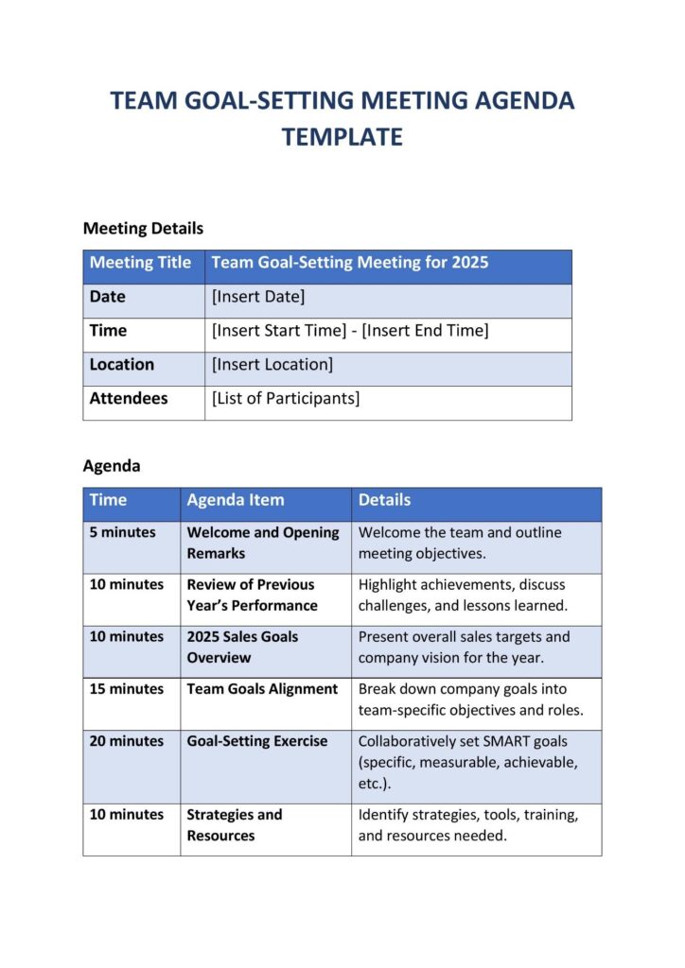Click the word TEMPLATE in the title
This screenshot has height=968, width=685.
342,137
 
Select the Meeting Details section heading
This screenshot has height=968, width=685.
143,228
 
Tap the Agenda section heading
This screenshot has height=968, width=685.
112,466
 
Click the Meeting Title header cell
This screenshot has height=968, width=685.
140,263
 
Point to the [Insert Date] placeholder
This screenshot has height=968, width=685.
258,297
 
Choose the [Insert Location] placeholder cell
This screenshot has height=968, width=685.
272,365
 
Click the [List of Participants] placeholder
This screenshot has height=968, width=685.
286,399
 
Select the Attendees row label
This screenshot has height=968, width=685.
129,399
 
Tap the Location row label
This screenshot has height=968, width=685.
121,365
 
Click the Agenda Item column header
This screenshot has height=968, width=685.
235,500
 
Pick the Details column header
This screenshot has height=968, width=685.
384,500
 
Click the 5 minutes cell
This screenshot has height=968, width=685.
122,532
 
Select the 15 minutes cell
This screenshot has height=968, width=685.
126,689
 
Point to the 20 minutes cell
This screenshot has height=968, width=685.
126,741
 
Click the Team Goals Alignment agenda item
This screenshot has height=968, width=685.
262,689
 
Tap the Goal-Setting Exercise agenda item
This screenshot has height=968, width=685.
257,741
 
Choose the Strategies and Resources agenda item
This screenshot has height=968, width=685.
234,825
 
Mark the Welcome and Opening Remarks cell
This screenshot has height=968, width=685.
262,543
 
